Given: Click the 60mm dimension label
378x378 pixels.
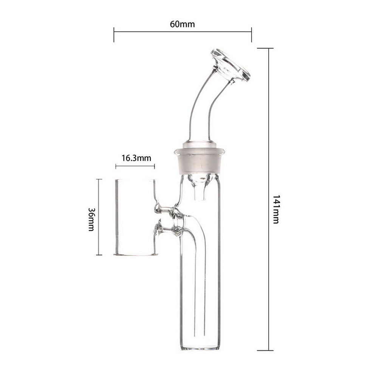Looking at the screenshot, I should [182, 25].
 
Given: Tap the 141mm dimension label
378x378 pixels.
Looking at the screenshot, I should [276, 209].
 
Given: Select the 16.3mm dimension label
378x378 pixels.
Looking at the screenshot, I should [135, 158].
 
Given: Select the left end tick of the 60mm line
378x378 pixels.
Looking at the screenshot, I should [114, 34].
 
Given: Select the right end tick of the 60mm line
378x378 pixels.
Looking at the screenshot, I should [251, 34].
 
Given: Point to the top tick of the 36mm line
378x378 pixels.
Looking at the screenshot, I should [99, 179].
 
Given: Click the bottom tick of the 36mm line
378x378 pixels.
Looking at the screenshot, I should [99, 255].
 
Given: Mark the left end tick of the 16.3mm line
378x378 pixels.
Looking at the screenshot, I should [116, 166].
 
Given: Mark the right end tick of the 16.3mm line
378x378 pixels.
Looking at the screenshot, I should [155, 166].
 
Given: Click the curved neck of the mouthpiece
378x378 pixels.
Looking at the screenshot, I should [200, 106].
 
